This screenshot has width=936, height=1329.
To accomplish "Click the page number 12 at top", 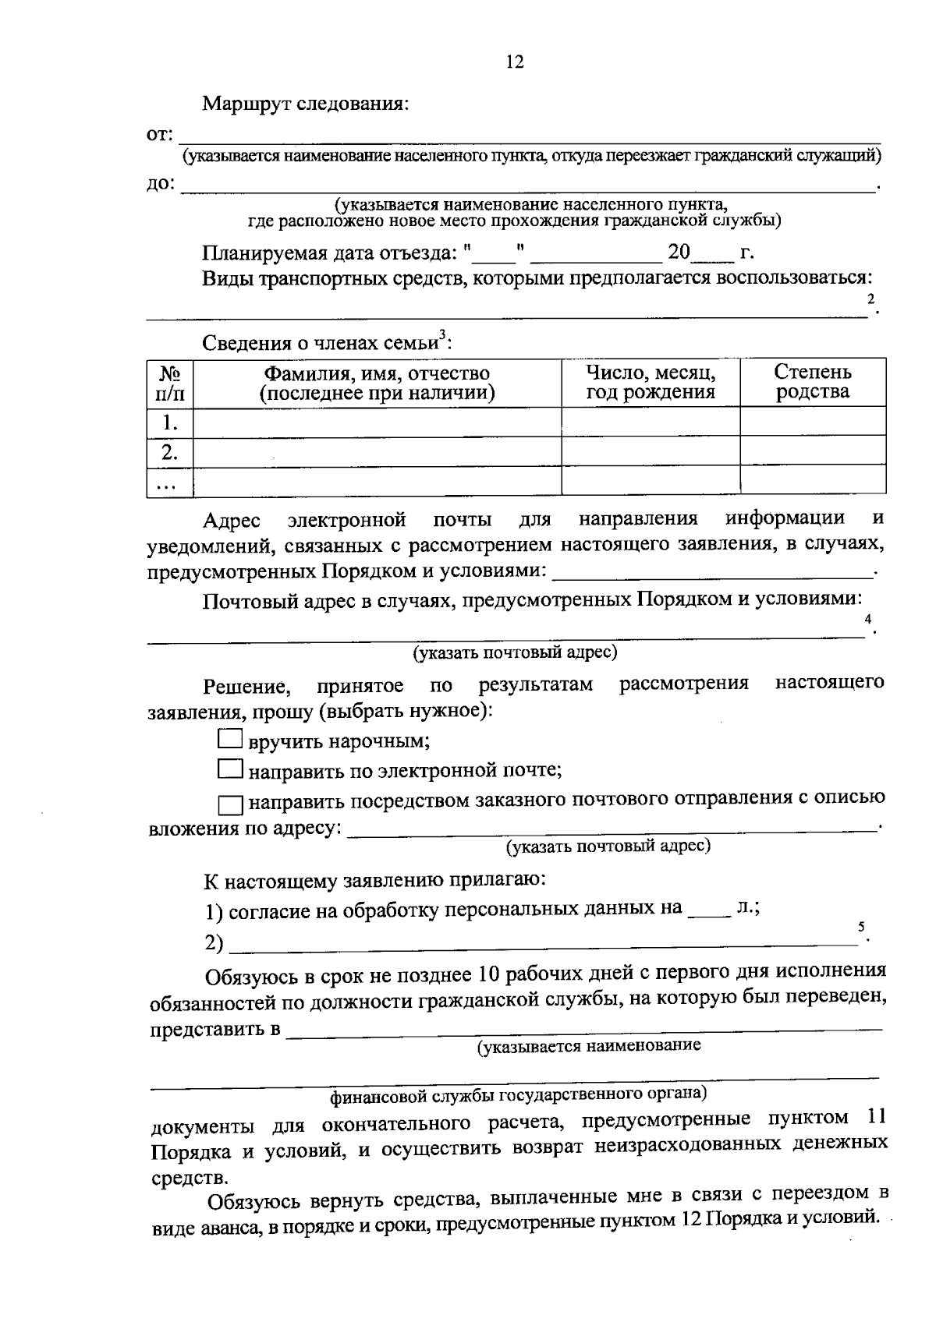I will click(515, 62).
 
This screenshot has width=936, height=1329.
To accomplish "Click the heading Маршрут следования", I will click(306, 104).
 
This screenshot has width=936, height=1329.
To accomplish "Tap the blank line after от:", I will click(530, 139).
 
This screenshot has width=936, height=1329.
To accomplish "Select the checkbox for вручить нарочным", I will click(230, 739).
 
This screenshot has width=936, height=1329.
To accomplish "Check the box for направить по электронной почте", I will click(230, 770).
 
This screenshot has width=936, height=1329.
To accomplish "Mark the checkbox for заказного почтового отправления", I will click(230, 804).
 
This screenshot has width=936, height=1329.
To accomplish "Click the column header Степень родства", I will click(812, 382).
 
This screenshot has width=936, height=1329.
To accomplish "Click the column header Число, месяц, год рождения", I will click(651, 382).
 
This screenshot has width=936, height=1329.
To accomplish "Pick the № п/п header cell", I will click(170, 383).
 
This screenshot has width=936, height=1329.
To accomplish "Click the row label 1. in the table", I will click(170, 422).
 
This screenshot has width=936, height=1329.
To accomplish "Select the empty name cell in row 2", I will click(377, 452).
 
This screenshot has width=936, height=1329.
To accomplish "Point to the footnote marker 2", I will click(871, 299).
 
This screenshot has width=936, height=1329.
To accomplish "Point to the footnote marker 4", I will click(868, 619).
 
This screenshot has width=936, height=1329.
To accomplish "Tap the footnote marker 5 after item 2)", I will click(861, 927).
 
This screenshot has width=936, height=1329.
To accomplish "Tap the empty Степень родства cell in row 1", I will click(812, 422).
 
